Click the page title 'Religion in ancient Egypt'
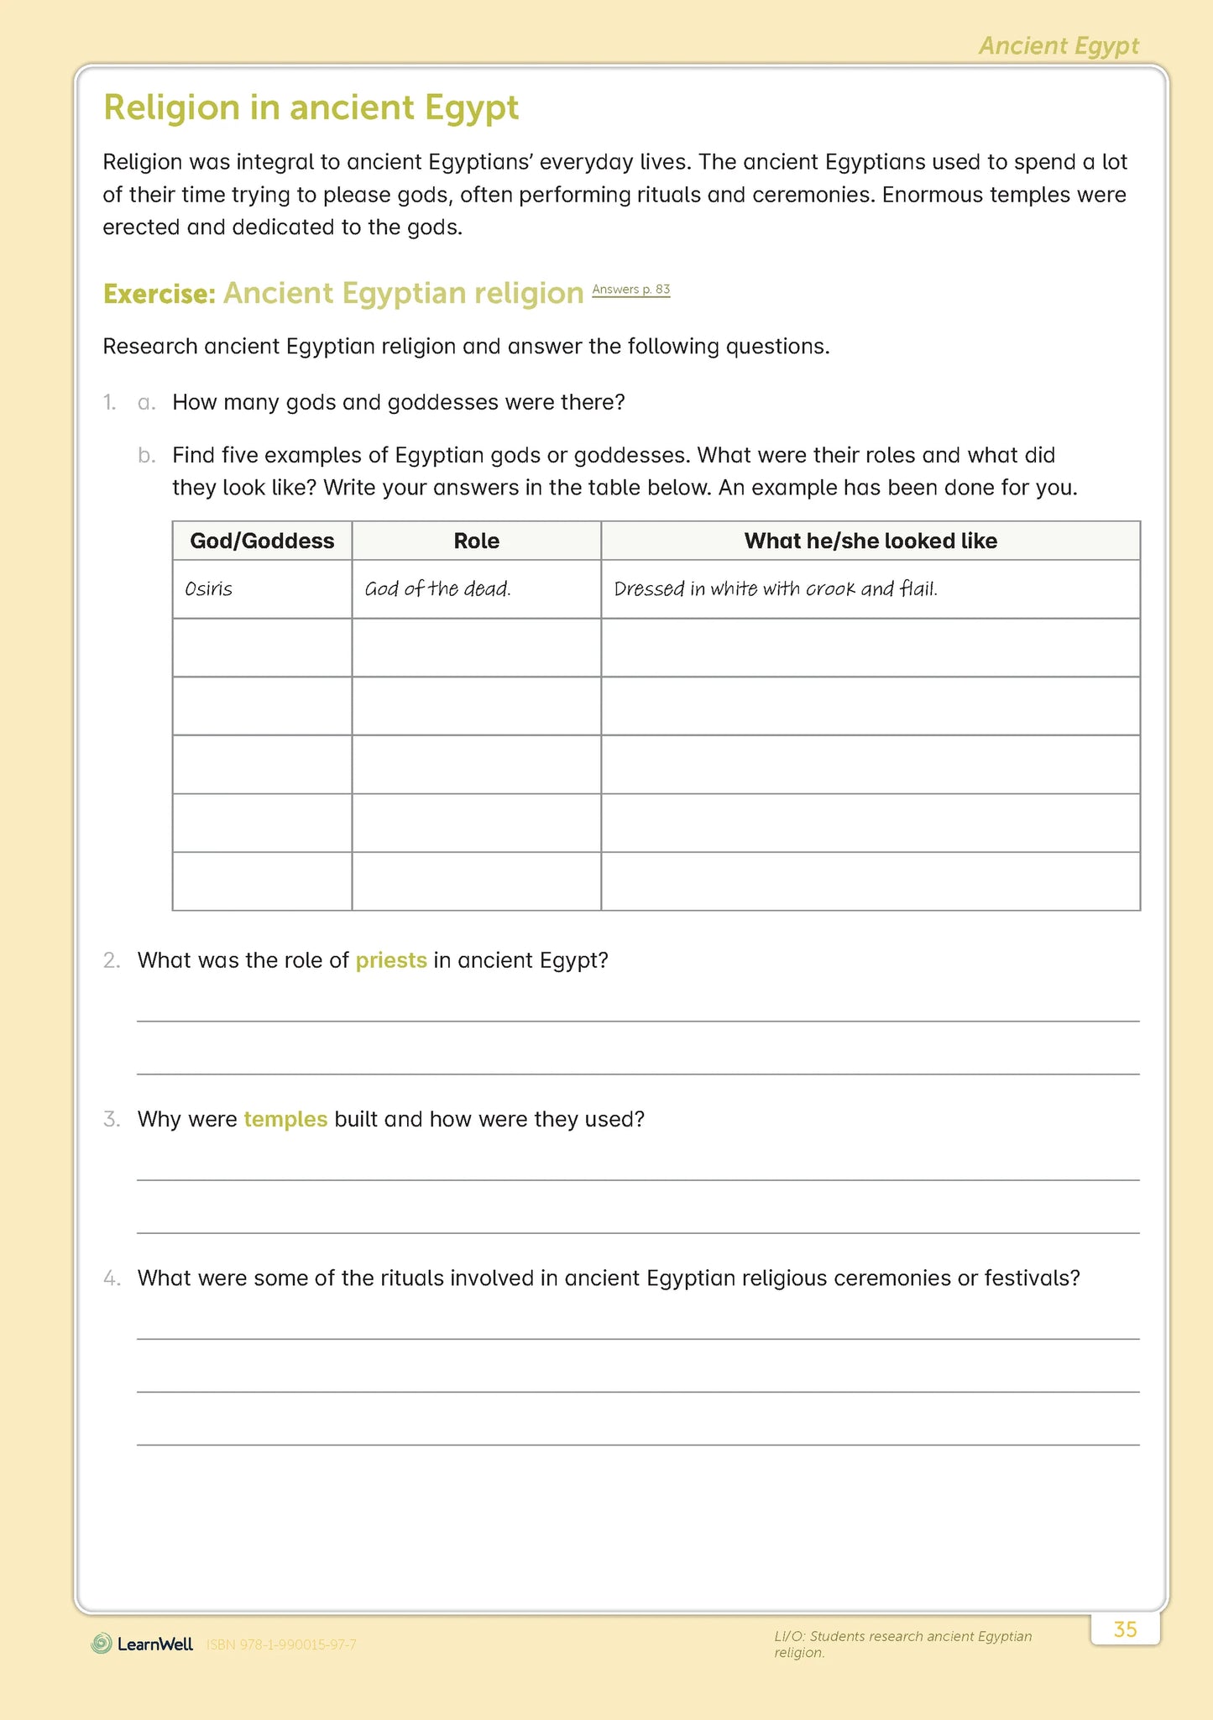coord(311,108)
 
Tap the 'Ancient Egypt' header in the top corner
coord(1059,46)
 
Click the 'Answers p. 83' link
coord(630,290)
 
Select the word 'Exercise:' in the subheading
coord(159,295)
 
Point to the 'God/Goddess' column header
coord(262,541)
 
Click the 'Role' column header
coord(476,541)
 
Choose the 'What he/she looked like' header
coord(871,541)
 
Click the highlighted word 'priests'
coord(391,960)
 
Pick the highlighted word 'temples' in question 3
coord(285,1120)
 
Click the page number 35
coord(1125,1629)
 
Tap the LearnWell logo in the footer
coord(143,1644)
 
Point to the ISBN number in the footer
coord(281,1644)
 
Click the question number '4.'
coord(112,1278)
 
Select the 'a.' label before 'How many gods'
coord(147,403)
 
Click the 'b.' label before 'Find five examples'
coord(147,456)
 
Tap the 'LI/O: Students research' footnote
coord(902,1644)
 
